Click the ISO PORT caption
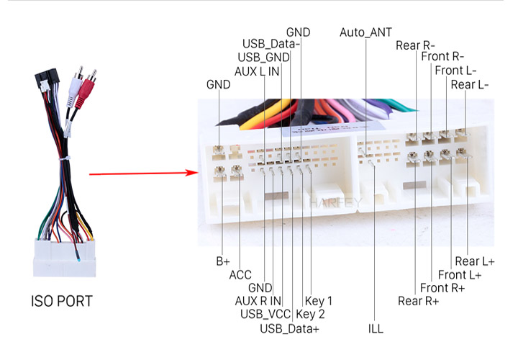pos(61,301)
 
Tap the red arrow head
pos(191,173)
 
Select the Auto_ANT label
pos(365,32)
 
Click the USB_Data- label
pos(271,44)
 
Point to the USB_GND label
pos(263,57)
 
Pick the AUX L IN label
pos(257,71)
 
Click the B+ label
pos(222,261)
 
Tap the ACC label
pos(240,275)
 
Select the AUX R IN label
pos(258,301)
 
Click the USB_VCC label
pos(265,314)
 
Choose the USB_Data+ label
pos(289,328)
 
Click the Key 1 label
pos(319,301)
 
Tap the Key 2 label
pos(310,314)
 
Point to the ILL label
pos(376,328)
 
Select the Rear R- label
pos(415,45)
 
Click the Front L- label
pos(455,71)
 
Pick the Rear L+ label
pos(475,261)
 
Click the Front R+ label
pos(442,287)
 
